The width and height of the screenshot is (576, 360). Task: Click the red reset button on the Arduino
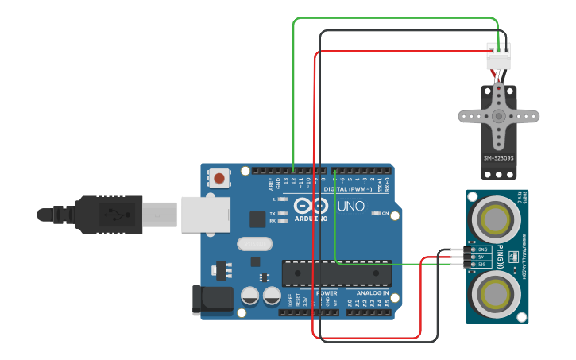(218, 178)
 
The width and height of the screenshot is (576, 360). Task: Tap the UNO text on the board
(350, 207)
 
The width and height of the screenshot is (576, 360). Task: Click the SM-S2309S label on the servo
(499, 158)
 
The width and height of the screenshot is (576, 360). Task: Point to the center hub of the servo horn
(499, 116)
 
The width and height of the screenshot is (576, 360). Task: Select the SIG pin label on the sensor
(481, 264)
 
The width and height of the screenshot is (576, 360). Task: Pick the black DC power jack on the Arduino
(211, 300)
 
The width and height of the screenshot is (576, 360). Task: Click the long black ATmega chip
(337, 273)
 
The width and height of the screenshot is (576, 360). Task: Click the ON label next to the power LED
(385, 214)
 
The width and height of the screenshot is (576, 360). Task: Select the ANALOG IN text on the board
(367, 292)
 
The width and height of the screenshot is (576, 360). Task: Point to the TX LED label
(273, 214)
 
